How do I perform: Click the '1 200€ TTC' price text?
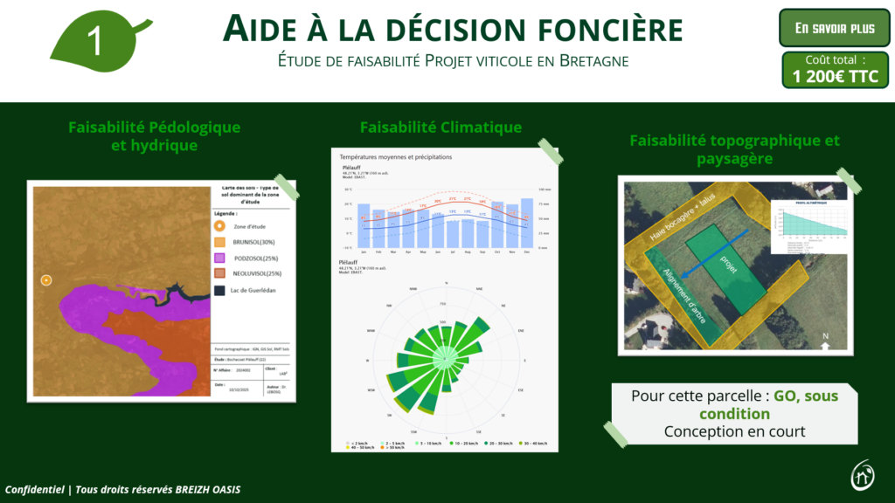pos(835,76)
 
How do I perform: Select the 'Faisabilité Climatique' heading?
pos(441,127)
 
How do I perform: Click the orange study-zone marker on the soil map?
pos(46,280)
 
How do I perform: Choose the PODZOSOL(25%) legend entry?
pos(255,258)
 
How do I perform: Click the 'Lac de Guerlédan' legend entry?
pos(260,291)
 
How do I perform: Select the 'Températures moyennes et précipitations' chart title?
pos(396,157)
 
